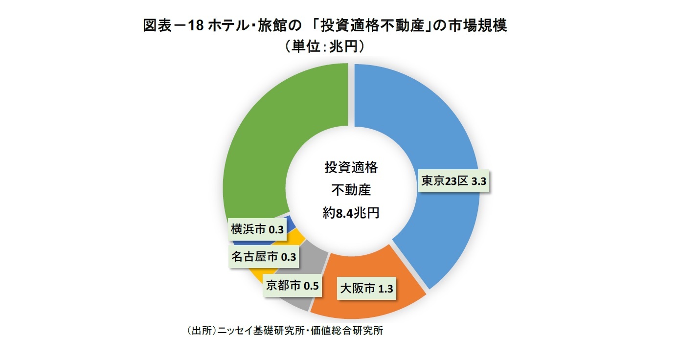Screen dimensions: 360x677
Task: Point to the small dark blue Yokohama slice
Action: pyautogui.click(x=290, y=223)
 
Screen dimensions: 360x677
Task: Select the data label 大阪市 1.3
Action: pyautogui.click(x=366, y=289)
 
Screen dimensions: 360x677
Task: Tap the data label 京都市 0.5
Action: pyautogui.click(x=292, y=285)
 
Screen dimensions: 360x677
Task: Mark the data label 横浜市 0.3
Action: pyautogui.click(x=257, y=229)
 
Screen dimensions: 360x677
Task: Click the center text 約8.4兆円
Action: pyautogui.click(x=351, y=213)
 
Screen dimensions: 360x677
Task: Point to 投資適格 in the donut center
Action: pyautogui.click(x=351, y=168)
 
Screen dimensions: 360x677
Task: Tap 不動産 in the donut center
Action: pyautogui.click(x=351, y=190)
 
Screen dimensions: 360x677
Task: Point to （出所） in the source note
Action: pyautogui.click(x=201, y=330)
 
